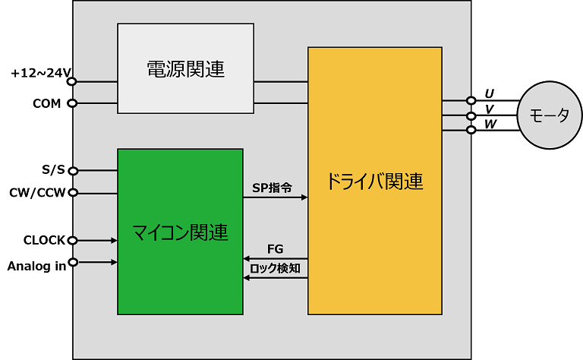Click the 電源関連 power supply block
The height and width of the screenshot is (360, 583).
(x=185, y=69)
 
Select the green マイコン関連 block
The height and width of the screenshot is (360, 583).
(x=180, y=232)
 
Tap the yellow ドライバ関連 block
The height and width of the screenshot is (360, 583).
(x=374, y=181)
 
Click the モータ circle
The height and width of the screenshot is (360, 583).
(x=550, y=116)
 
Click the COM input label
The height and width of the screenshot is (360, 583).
(x=47, y=103)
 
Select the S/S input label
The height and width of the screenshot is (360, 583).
(x=53, y=170)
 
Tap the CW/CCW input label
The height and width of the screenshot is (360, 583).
(x=38, y=193)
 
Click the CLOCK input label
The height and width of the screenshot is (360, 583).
(x=45, y=241)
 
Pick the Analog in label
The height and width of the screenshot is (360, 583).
(x=36, y=266)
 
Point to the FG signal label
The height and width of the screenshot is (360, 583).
(x=276, y=249)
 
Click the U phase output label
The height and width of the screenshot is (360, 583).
(x=490, y=93)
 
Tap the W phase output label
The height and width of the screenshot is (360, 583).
(x=490, y=123)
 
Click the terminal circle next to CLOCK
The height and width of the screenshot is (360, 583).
(x=73, y=241)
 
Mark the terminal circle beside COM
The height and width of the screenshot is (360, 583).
(x=73, y=103)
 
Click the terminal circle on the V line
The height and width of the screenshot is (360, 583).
(x=471, y=115)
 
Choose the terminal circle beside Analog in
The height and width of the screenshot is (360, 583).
(x=73, y=264)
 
